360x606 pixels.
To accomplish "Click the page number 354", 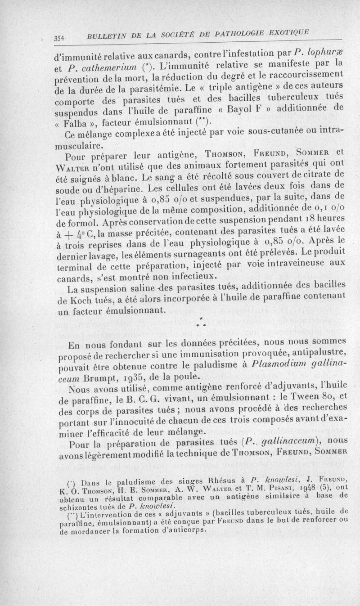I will tap(59, 39).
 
